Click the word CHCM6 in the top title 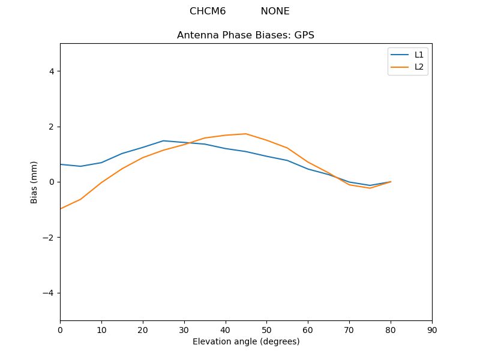point(208,11)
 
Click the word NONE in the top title point(275,11)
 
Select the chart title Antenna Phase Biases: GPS point(245,35)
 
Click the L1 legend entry point(419,55)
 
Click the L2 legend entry point(419,67)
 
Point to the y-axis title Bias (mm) point(34,182)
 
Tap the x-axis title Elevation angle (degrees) point(245,342)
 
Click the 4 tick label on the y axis point(50,71)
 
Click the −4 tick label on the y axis point(48,293)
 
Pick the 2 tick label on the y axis point(50,127)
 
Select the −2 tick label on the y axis point(48,238)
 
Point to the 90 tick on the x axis point(432,329)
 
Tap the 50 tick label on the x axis point(266,329)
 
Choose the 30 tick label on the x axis point(184,329)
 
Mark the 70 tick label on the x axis point(349,329)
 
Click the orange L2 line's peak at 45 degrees point(246,134)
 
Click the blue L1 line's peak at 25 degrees point(163,141)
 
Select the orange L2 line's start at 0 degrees point(61,209)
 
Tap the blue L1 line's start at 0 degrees point(61,164)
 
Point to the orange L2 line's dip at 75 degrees point(370,188)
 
